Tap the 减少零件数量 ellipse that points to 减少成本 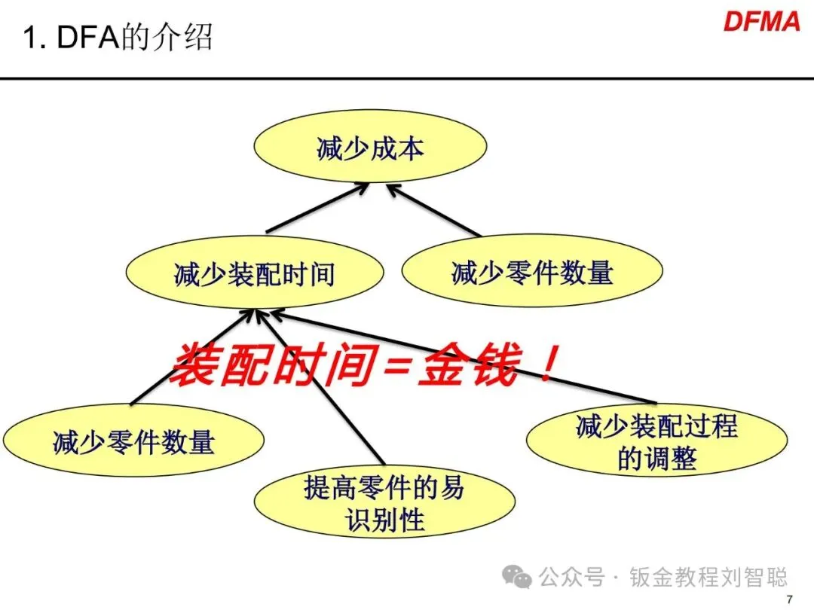(532, 272)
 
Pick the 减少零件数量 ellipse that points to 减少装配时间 (133, 441)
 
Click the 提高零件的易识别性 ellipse (384, 504)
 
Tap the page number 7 (789, 599)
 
